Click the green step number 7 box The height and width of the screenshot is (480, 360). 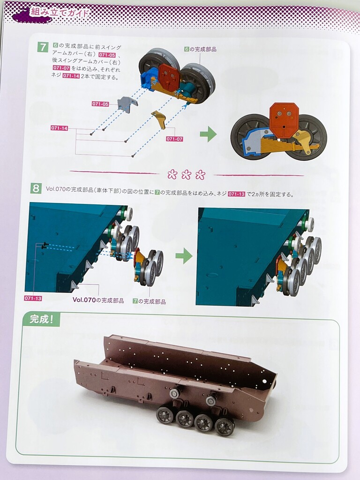coord(43,47)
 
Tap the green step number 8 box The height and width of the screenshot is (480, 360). coord(36,188)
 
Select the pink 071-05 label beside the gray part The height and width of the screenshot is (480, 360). coord(100,104)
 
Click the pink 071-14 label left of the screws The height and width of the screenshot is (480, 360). coord(60,128)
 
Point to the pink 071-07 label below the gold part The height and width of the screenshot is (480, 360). coord(174,139)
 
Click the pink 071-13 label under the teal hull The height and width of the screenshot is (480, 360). coord(33,298)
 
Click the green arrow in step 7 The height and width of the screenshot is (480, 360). coord(208,134)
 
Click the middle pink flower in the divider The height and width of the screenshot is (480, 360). coord(186,175)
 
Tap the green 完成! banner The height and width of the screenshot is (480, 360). coord(41,319)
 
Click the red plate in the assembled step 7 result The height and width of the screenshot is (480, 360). coord(285,120)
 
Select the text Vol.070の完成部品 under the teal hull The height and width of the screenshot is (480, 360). coord(98,300)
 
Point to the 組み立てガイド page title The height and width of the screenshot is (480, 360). coord(60,13)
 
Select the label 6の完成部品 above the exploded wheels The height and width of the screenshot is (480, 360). coord(201,49)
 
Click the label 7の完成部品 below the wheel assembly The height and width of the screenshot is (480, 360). coord(150,301)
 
